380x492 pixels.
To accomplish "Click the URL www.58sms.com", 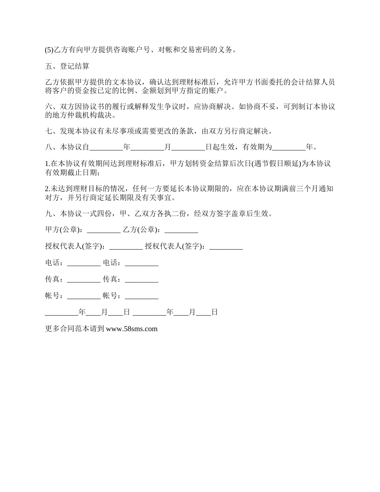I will pyautogui.click(x=132, y=329).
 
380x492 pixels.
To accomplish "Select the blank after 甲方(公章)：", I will pyautogui.click(x=103, y=230).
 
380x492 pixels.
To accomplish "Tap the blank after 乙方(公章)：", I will pyautogui.click(x=181, y=230).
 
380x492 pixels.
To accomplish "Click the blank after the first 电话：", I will pyautogui.click(x=84, y=263).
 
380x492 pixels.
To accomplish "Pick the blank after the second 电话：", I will pyautogui.click(x=142, y=263).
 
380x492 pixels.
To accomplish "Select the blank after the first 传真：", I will pyautogui.click(x=84, y=280).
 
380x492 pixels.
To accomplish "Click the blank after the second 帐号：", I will pyautogui.click(x=142, y=296).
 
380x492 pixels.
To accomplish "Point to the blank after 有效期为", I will pyautogui.click(x=289, y=147).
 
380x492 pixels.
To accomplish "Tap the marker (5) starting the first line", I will pyautogui.click(x=49, y=50).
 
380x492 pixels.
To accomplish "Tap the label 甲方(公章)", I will pyautogui.click(x=64, y=230).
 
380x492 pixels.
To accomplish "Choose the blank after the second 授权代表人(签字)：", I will pyautogui.click(x=226, y=246).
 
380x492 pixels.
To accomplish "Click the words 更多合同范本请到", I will pyautogui.click(x=75, y=329).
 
